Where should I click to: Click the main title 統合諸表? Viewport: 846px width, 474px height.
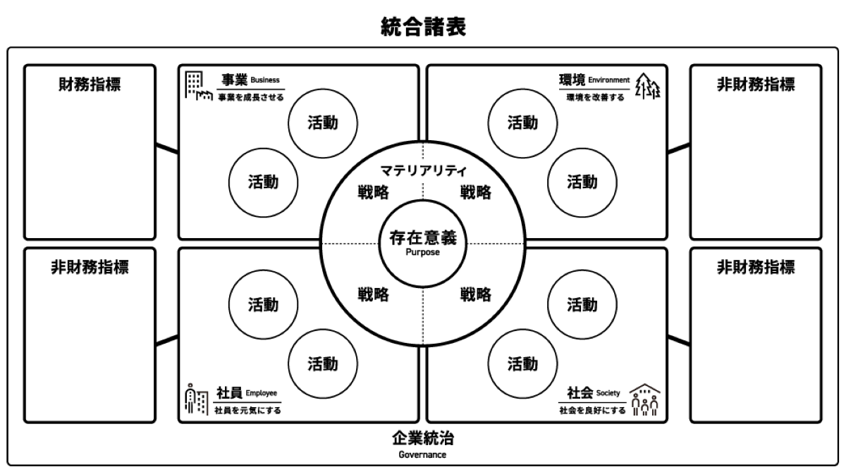pyautogui.click(x=423, y=27)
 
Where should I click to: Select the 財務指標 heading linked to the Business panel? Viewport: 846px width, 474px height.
pyautogui.click(x=90, y=85)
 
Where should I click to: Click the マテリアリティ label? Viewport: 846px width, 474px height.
pyautogui.click(x=423, y=170)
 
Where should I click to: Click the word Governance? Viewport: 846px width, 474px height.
pyautogui.click(x=423, y=455)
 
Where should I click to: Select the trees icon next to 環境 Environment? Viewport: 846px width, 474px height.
pyautogui.click(x=648, y=86)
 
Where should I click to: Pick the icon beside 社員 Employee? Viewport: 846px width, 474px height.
pyautogui.click(x=196, y=399)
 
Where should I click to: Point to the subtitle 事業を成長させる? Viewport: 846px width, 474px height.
pyautogui.click(x=250, y=97)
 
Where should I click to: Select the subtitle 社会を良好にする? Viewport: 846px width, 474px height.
pyautogui.click(x=592, y=410)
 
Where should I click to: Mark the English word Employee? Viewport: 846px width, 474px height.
pyautogui.click(x=262, y=393)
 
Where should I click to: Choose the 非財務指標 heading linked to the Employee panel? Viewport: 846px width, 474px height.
pyautogui.click(x=90, y=268)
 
